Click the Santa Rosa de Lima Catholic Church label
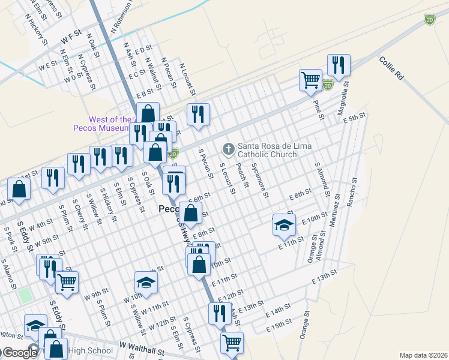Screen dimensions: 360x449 [x=267, y=150]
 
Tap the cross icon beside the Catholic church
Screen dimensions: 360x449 [x=228, y=148]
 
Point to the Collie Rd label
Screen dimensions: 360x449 [x=390, y=68]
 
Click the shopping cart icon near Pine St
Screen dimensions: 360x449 [x=310, y=79]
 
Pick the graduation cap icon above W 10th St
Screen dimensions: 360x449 [x=146, y=281]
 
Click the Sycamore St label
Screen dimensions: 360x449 [x=259, y=180]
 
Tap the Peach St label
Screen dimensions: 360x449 [x=243, y=176]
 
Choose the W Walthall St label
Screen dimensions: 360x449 [x=142, y=347]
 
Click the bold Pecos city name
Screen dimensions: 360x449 [x=168, y=209]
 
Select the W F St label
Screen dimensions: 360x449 [x=70, y=37]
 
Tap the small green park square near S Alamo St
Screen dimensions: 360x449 [x=24, y=295]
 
